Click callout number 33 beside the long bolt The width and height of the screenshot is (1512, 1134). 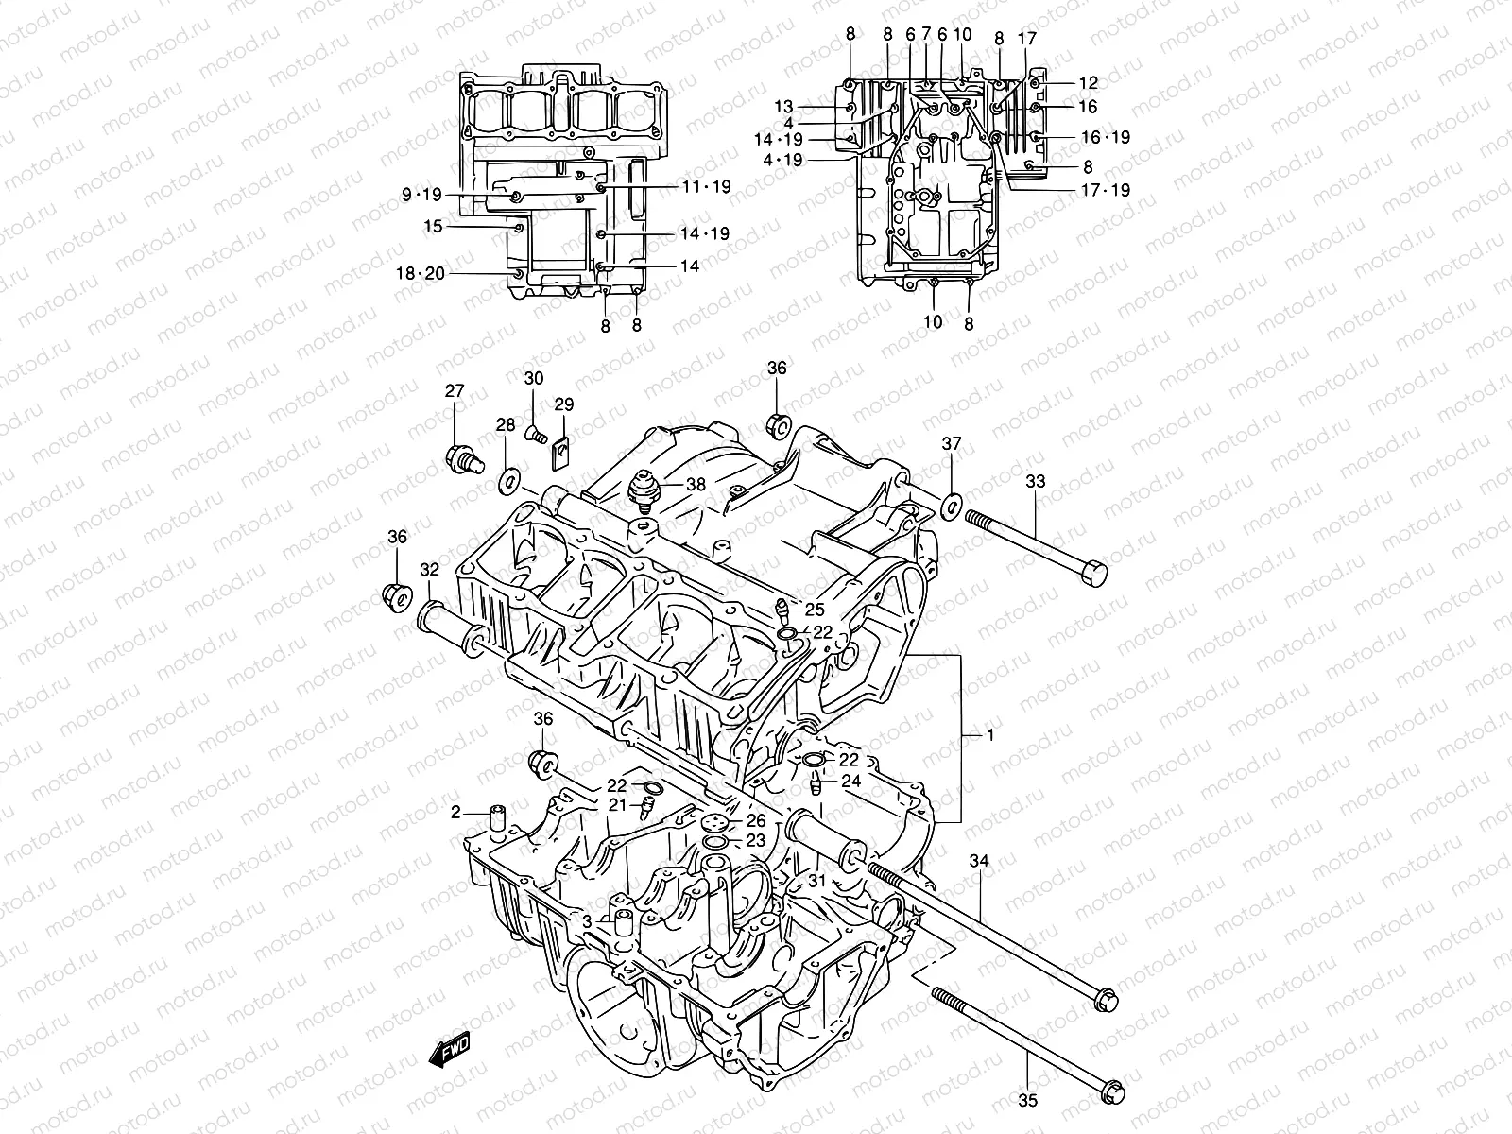pyautogui.click(x=1036, y=481)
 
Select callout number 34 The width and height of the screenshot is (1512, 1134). pyautogui.click(x=979, y=861)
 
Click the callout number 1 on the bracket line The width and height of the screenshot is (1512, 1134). pyautogui.click(x=990, y=734)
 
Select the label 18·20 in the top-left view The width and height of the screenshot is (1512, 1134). pyautogui.click(x=420, y=274)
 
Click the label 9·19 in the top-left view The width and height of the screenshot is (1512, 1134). pyautogui.click(x=421, y=196)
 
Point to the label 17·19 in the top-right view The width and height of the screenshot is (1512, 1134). pyautogui.click(x=1106, y=189)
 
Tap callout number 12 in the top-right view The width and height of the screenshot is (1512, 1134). pyautogui.click(x=1088, y=82)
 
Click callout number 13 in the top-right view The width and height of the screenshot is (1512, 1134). pyautogui.click(x=784, y=107)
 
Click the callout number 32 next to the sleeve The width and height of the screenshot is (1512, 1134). pyautogui.click(x=430, y=570)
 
